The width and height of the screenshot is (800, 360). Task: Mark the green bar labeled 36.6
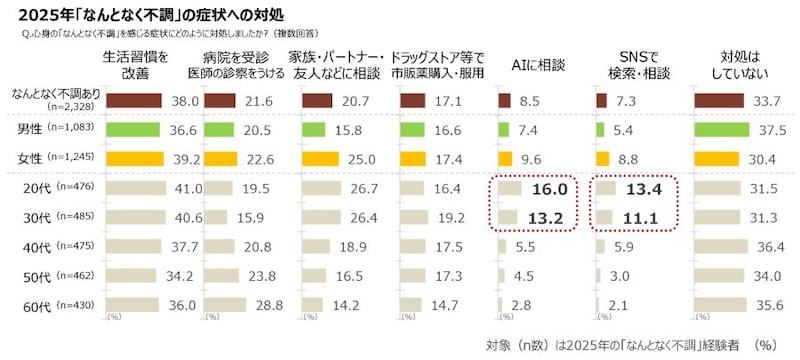click(129, 129)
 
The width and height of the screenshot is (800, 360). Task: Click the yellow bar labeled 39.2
click(131, 158)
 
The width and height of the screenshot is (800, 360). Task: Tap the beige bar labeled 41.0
click(132, 189)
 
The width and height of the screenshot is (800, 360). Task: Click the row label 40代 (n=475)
click(49, 246)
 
